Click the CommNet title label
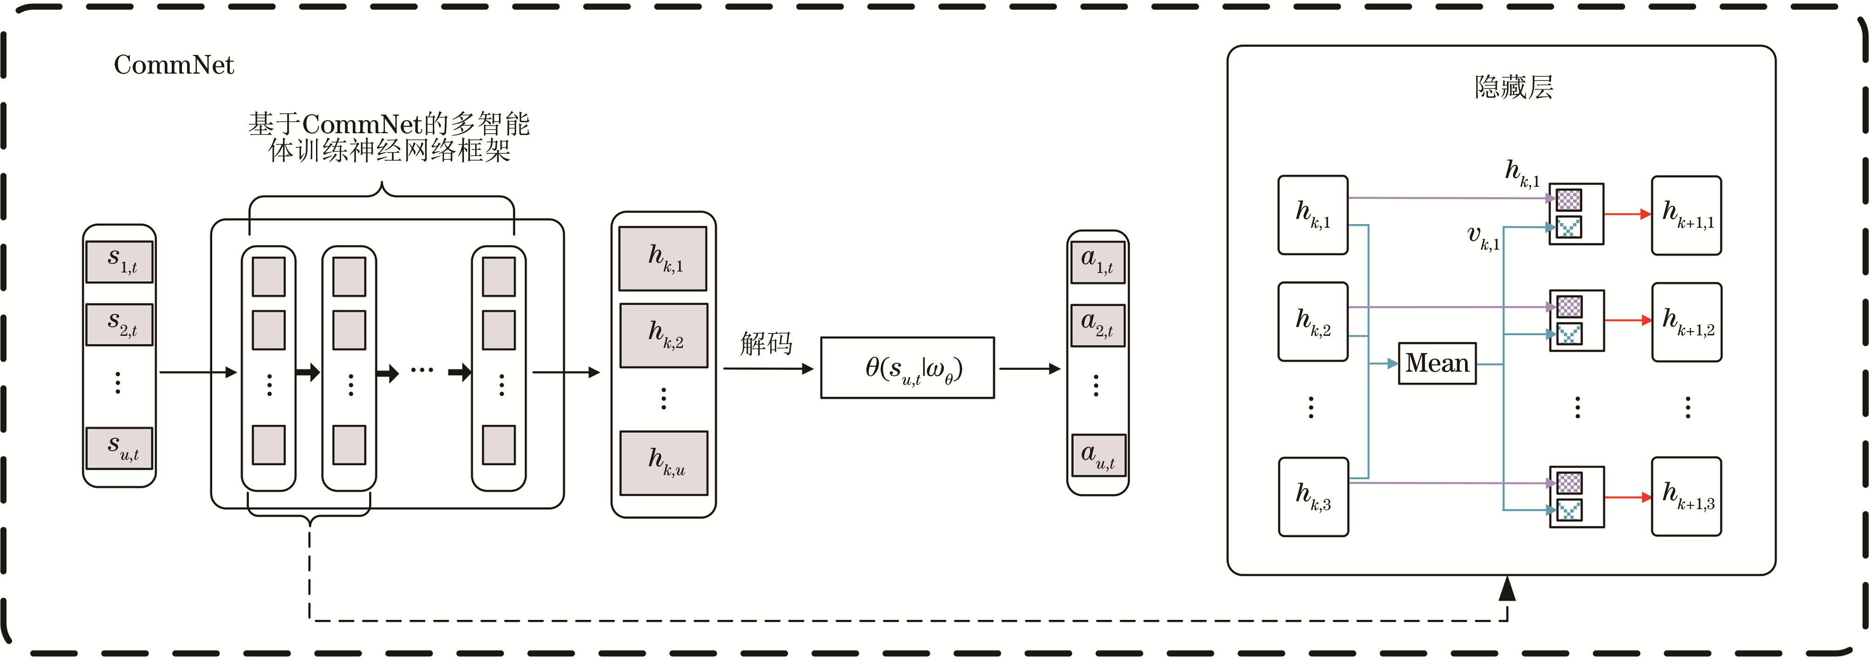click(174, 65)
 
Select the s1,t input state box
click(120, 261)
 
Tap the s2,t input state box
click(120, 324)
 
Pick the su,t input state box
click(120, 448)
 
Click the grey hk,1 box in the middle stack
click(662, 259)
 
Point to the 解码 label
click(766, 343)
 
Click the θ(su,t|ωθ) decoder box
click(907, 368)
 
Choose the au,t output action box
click(1098, 455)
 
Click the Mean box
click(1437, 363)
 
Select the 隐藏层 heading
click(1513, 87)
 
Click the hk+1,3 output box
click(1686, 497)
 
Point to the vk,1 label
click(1482, 238)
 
